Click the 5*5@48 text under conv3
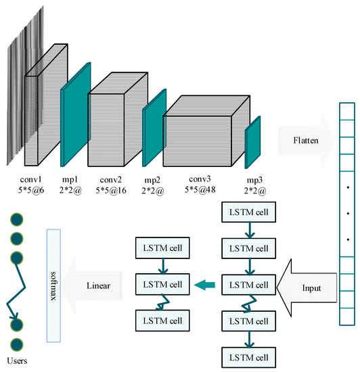[203, 191]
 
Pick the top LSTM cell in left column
[164, 248]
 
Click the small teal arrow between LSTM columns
[207, 285]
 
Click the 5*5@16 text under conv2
[114, 191]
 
